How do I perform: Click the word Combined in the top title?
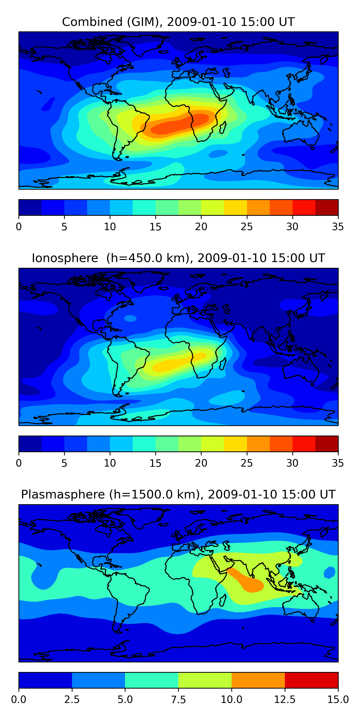point(92,22)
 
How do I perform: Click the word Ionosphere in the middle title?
point(65,258)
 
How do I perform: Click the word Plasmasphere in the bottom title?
point(63,494)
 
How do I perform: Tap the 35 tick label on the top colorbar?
point(338,227)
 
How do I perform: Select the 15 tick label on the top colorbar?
point(156,227)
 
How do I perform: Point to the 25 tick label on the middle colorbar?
point(246,463)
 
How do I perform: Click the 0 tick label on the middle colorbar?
point(19,463)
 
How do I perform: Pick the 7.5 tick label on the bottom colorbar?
point(178,700)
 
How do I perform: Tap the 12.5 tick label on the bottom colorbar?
point(285,700)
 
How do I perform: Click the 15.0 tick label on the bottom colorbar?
point(338,700)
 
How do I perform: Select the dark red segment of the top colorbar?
point(326,207)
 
